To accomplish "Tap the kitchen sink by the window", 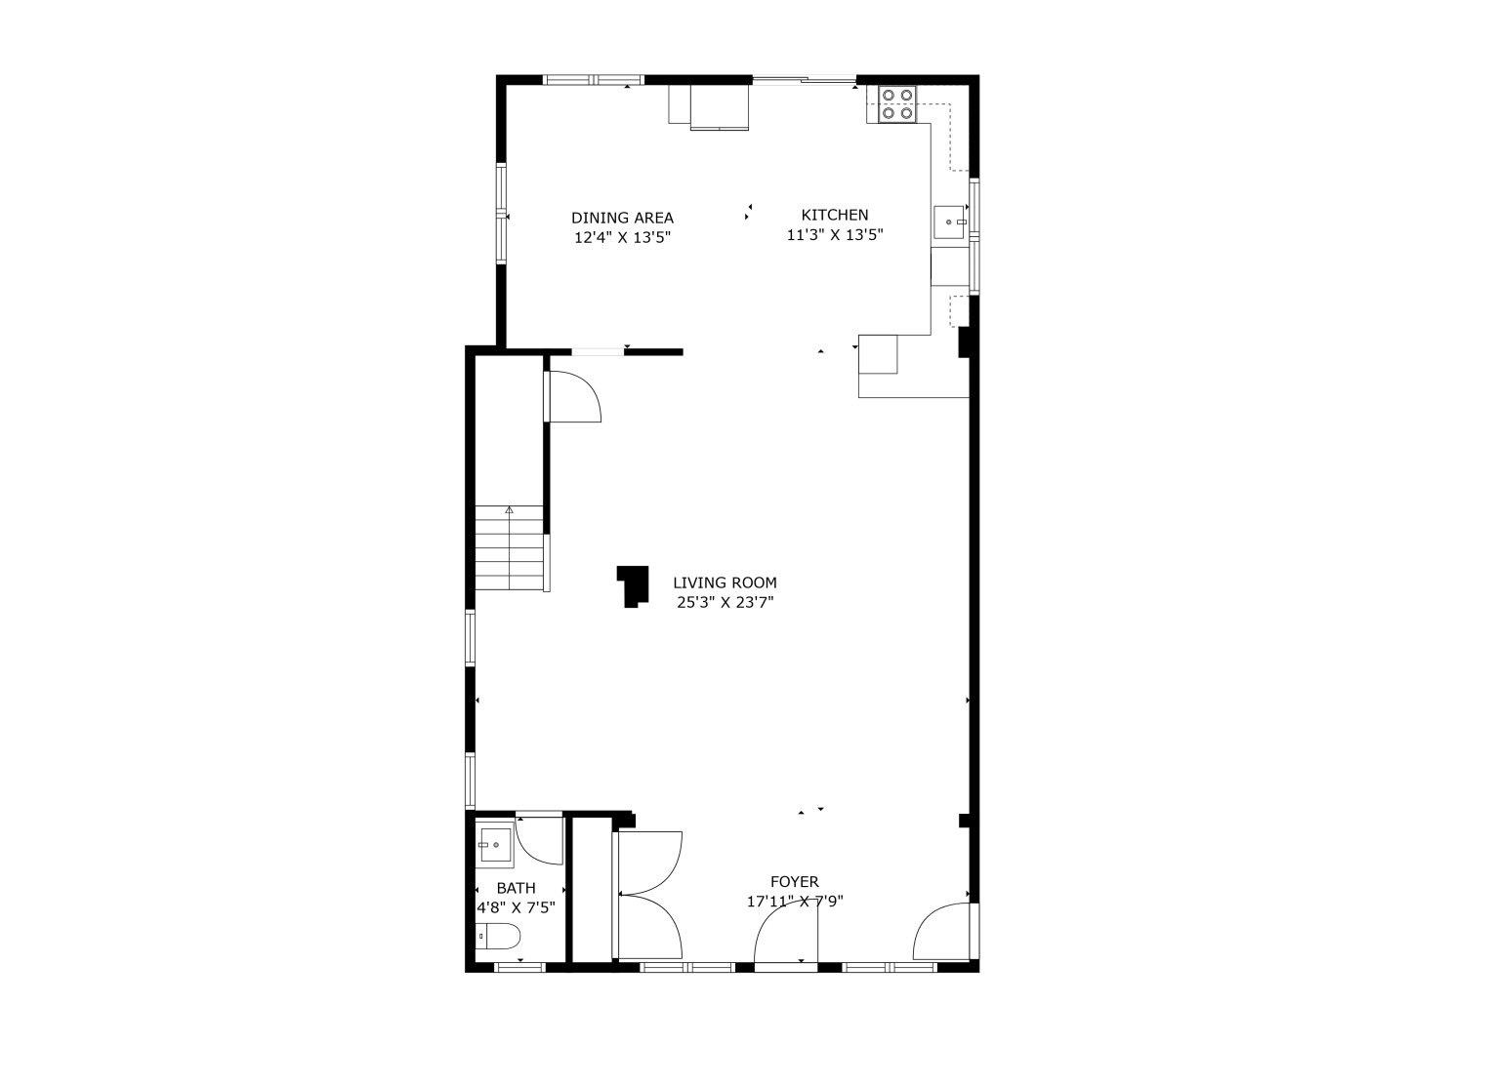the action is tap(949, 221).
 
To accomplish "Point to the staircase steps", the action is tap(510, 547).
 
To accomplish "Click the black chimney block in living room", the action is tap(634, 586).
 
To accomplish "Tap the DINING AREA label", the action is tap(622, 218).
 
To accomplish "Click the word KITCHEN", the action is tap(835, 215).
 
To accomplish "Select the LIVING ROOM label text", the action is tap(725, 583).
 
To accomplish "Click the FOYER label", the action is tap(795, 882).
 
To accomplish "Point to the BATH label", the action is tap(517, 888).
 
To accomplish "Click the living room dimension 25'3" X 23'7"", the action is tap(725, 602).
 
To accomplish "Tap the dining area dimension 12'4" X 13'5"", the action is tap(622, 238).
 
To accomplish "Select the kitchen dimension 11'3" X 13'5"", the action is tap(835, 234).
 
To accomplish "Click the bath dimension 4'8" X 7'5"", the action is tap(517, 907).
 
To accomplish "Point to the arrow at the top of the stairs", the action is tap(510, 510).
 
